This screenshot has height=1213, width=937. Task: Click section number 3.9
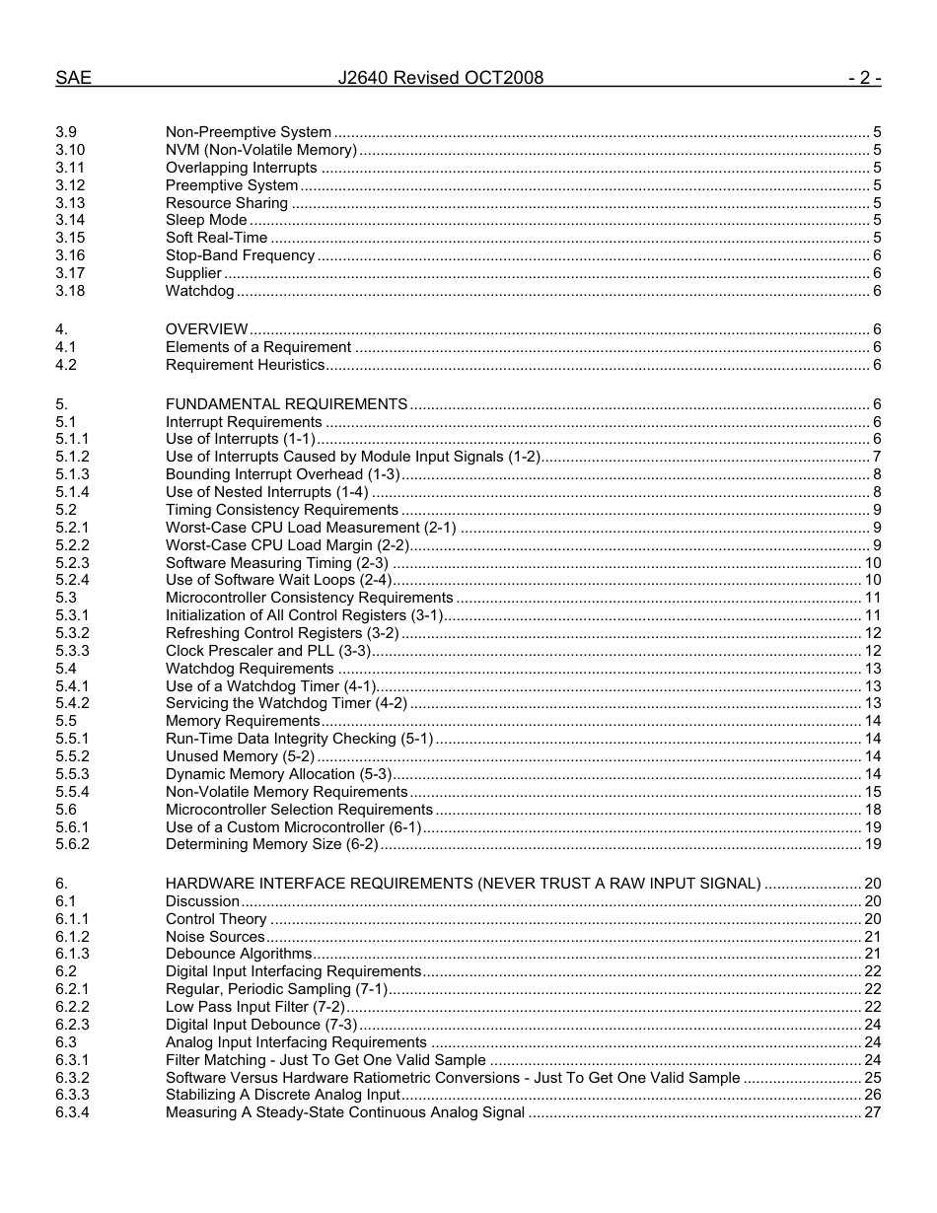(x=65, y=132)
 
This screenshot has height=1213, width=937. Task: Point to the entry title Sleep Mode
(x=206, y=220)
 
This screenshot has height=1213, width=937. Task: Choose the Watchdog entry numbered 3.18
(x=199, y=291)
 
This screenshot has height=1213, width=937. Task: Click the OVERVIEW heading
(x=206, y=329)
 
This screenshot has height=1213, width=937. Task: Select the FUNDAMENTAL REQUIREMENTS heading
(x=286, y=404)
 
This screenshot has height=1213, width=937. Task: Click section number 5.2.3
(x=72, y=563)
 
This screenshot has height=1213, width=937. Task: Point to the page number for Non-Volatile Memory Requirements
(x=872, y=792)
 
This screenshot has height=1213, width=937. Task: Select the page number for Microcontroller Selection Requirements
(x=872, y=810)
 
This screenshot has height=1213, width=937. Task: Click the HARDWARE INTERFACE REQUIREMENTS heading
(x=463, y=884)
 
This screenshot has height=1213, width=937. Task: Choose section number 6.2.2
(x=72, y=1007)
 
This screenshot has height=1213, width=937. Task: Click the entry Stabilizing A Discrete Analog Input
(x=282, y=1095)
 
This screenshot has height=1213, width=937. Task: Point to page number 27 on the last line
(x=872, y=1112)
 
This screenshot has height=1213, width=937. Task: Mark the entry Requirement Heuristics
(x=245, y=365)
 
